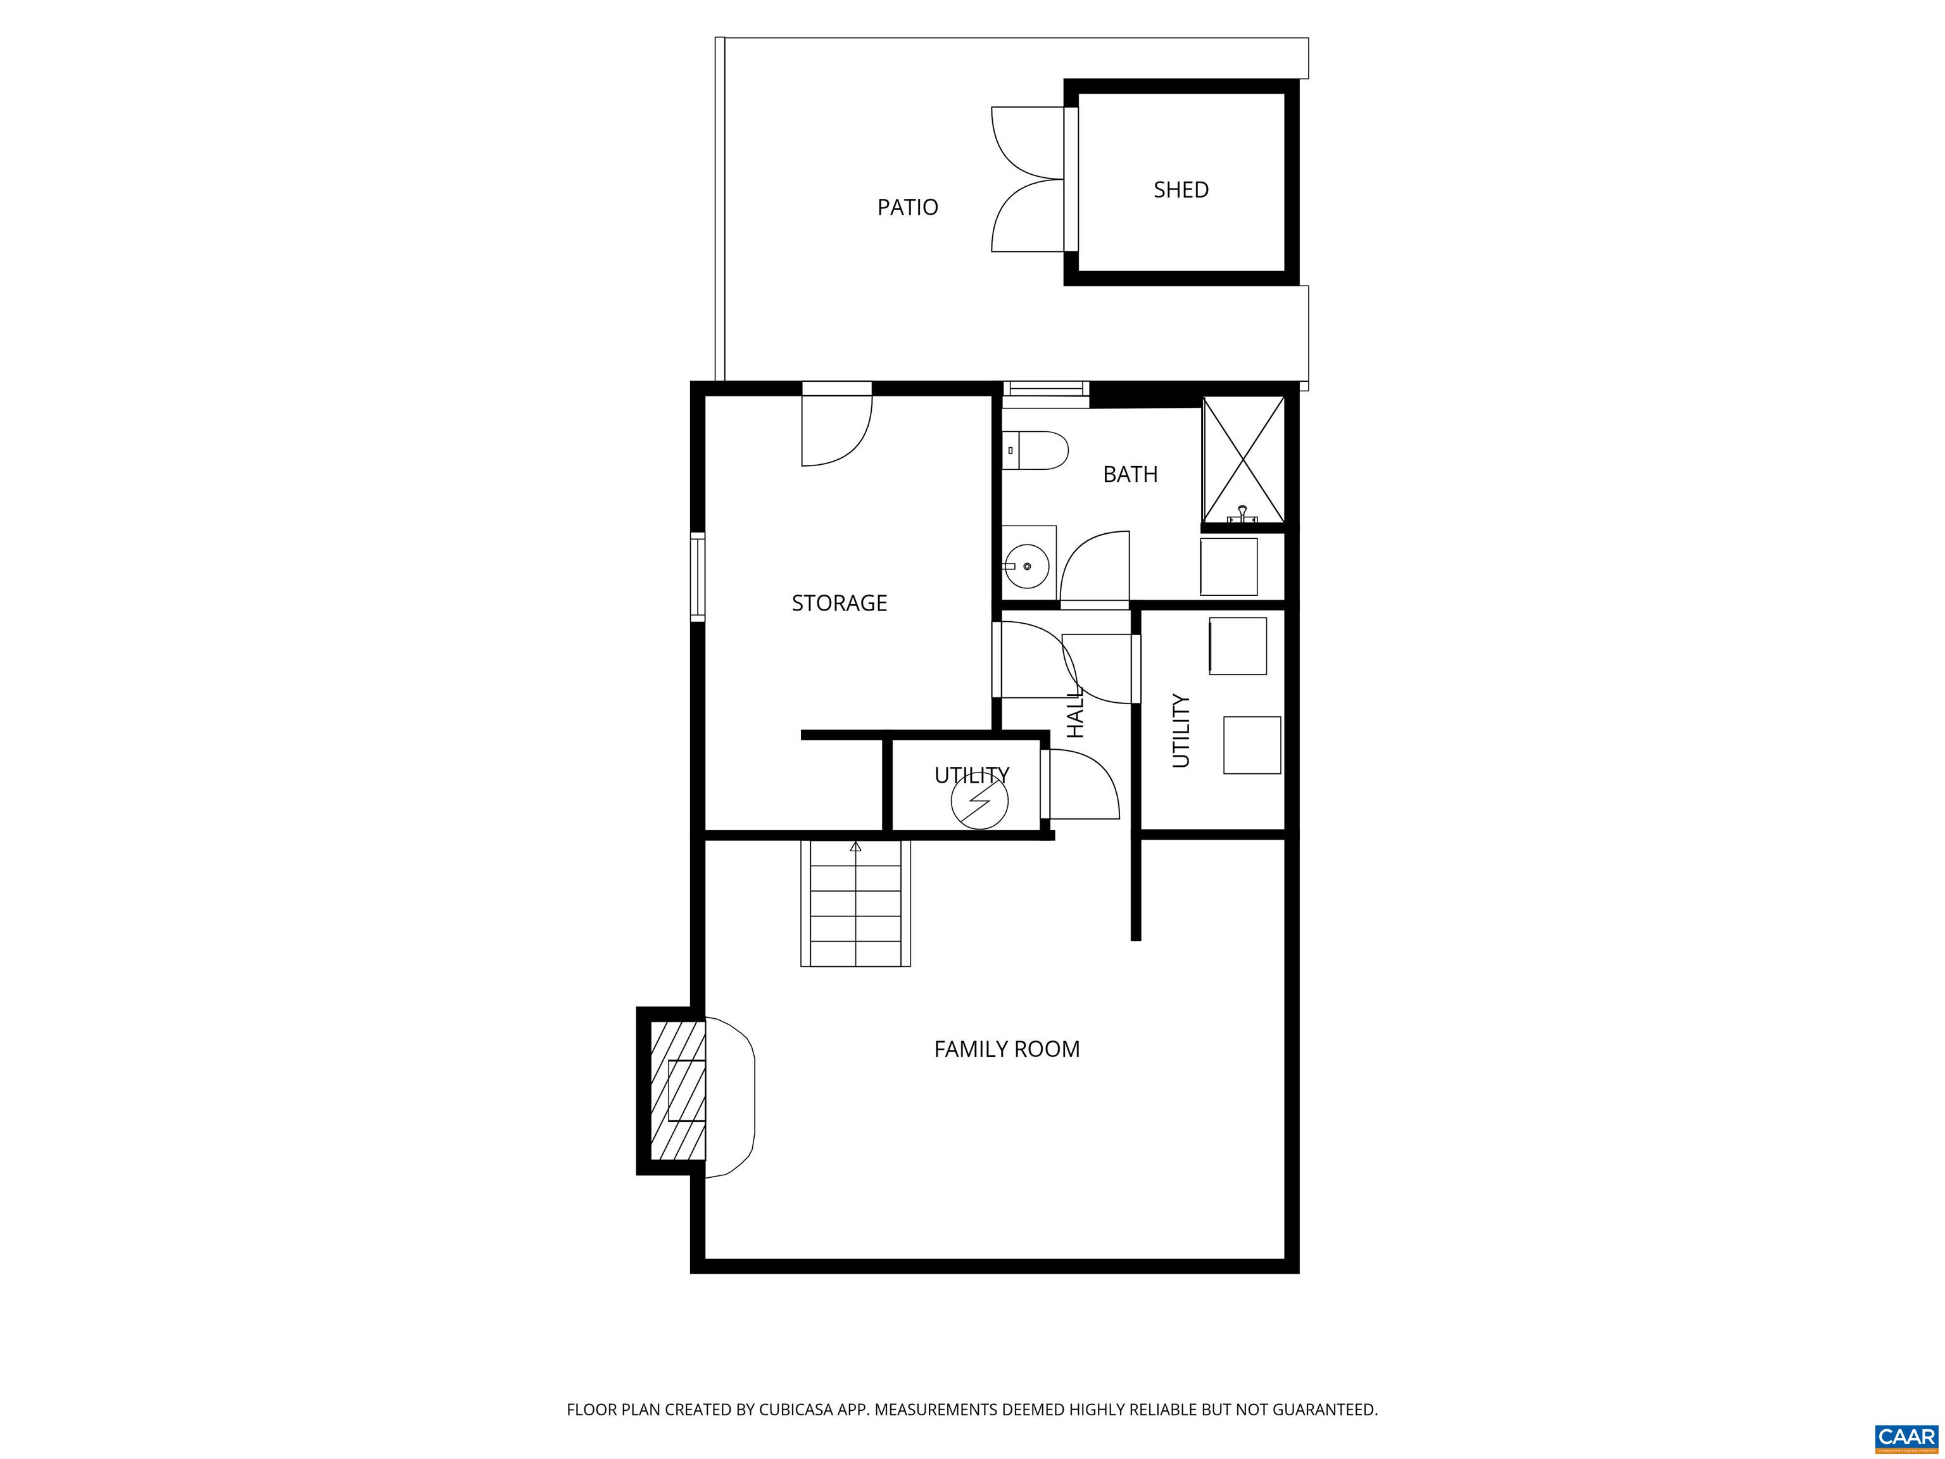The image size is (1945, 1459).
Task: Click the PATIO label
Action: point(907,208)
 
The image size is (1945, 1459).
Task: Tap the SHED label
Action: point(1181,190)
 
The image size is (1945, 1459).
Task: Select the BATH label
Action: point(1130,475)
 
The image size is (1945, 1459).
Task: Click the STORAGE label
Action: point(839,603)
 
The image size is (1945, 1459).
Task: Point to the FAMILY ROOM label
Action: point(1007,1049)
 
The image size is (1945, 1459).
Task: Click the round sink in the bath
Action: point(1026,566)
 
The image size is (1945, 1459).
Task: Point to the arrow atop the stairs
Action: point(855,847)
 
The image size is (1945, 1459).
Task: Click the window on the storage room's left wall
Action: point(697,577)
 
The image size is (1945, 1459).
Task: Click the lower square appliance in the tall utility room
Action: point(1251,745)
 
